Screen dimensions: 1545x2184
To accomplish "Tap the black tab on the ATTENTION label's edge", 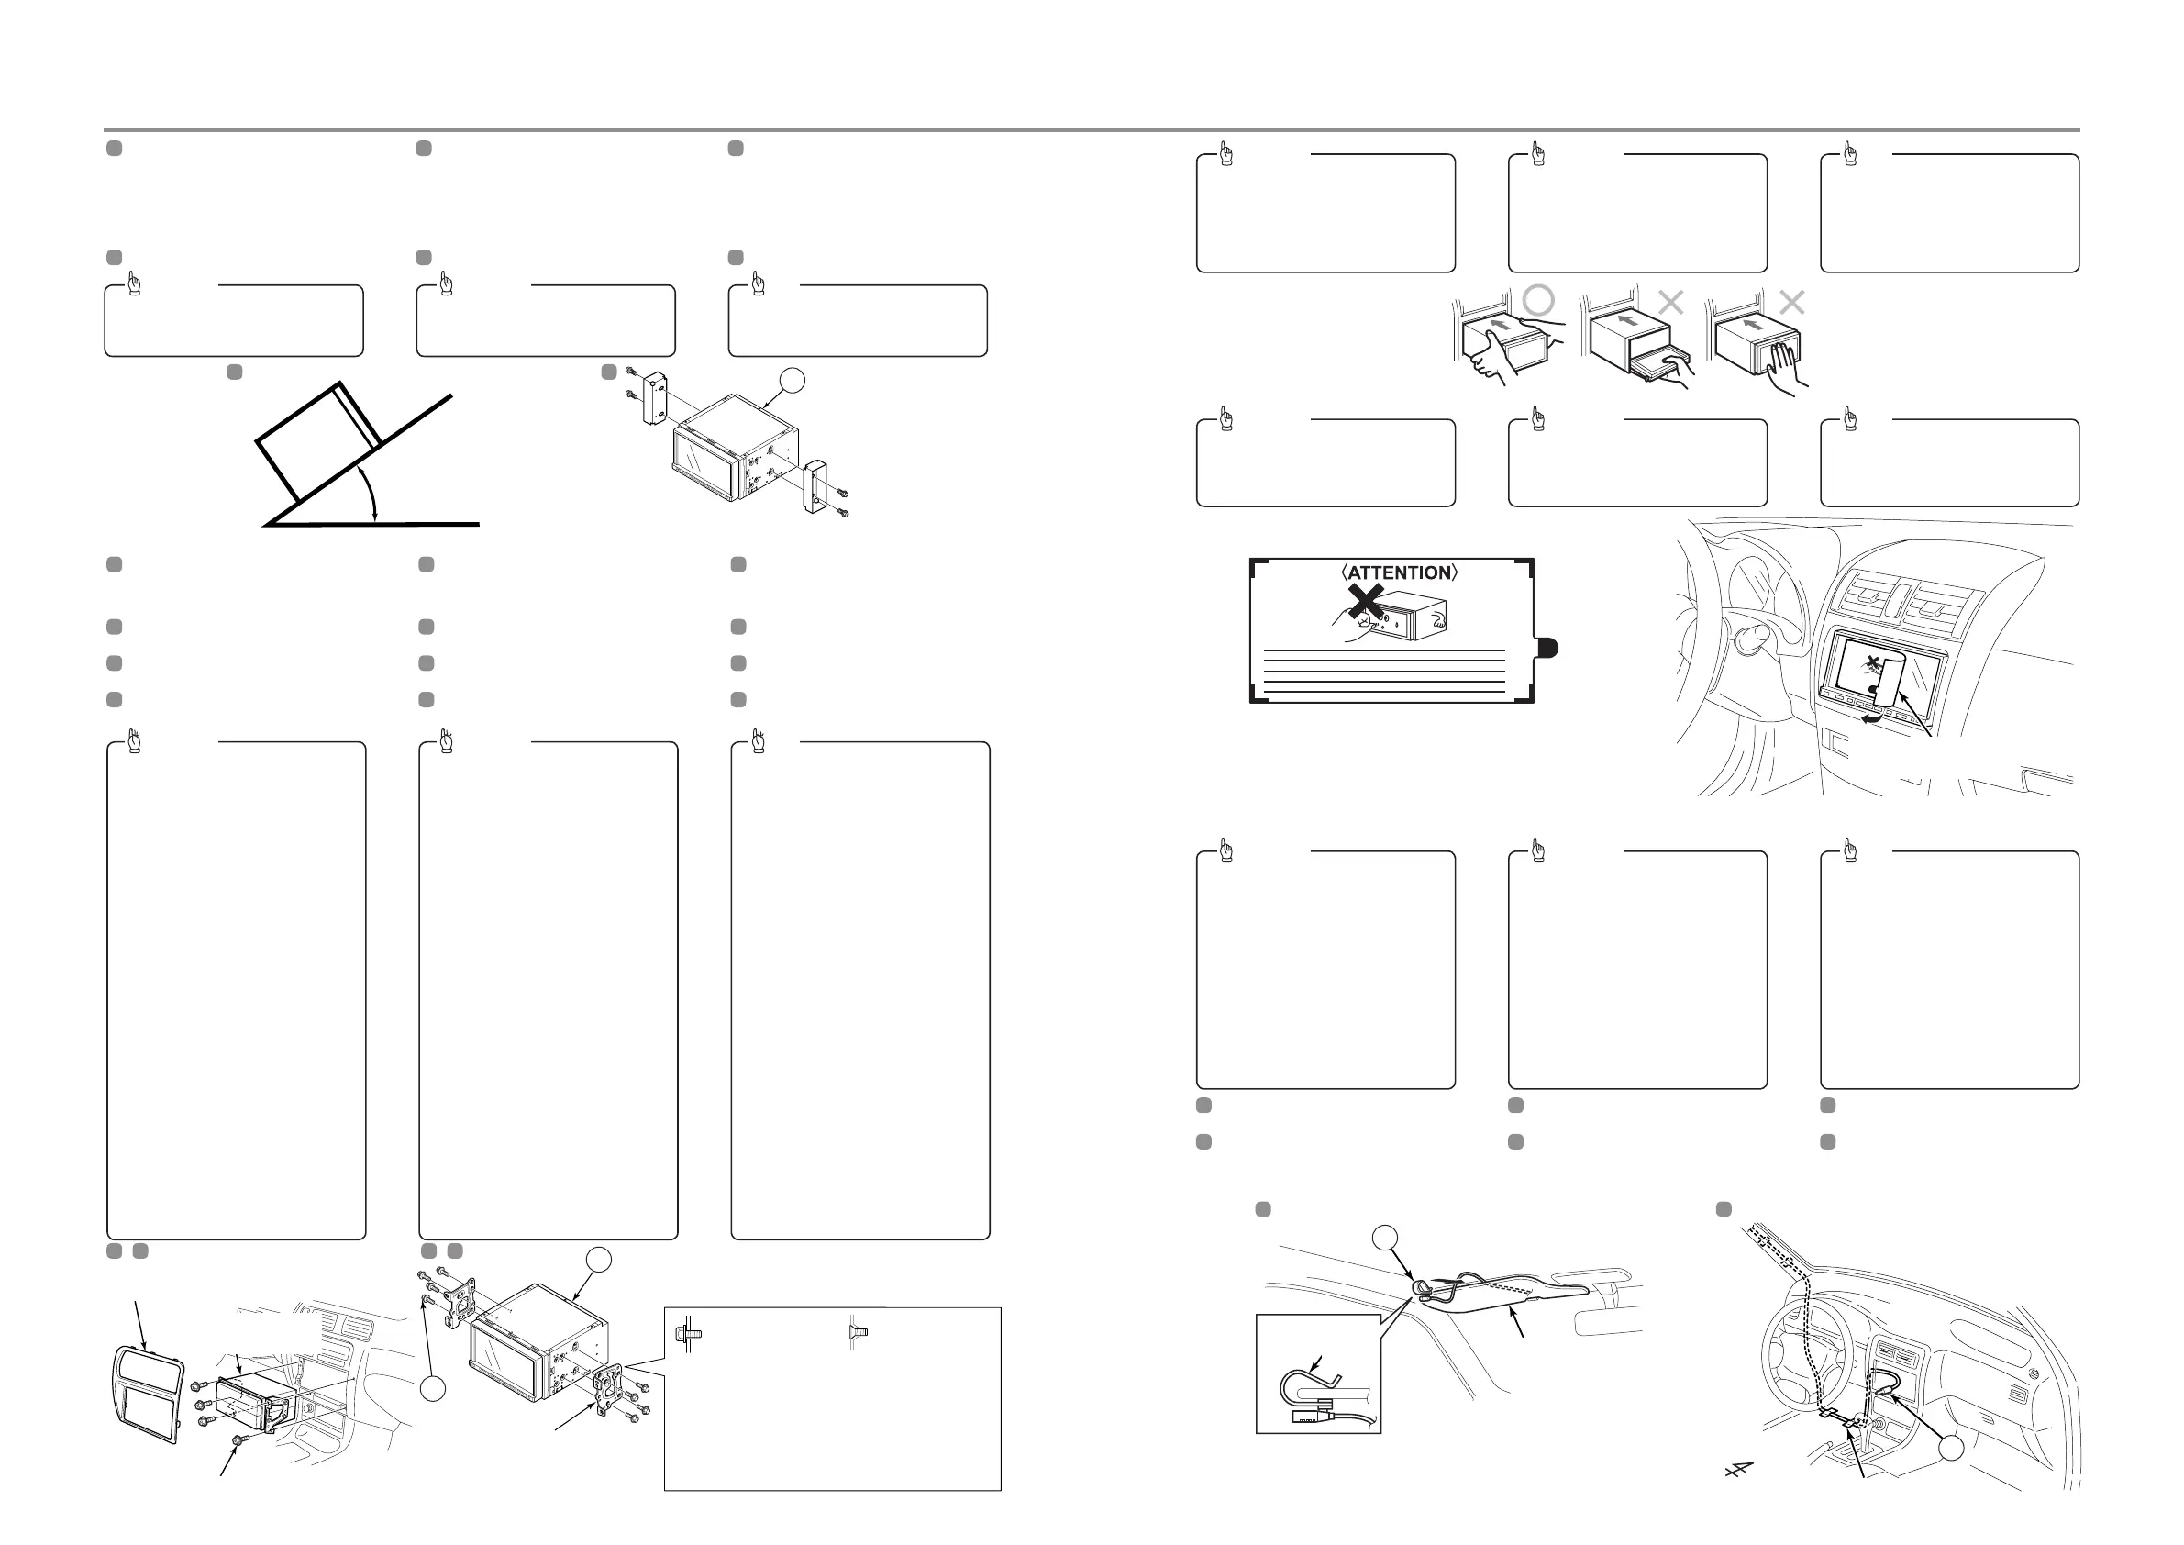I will click(1547, 649).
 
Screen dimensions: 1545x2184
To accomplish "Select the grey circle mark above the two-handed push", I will click(1538, 301).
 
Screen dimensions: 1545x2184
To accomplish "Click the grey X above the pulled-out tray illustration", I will click(1670, 303).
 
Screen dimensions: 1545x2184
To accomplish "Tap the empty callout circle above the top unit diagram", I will click(792, 381).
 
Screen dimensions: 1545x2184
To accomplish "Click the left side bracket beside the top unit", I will click(658, 400).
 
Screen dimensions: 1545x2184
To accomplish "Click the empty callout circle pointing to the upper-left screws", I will click(433, 1389).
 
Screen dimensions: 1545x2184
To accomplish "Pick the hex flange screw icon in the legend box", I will click(682, 1335).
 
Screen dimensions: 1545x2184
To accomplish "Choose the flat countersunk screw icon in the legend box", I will click(856, 1335).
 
